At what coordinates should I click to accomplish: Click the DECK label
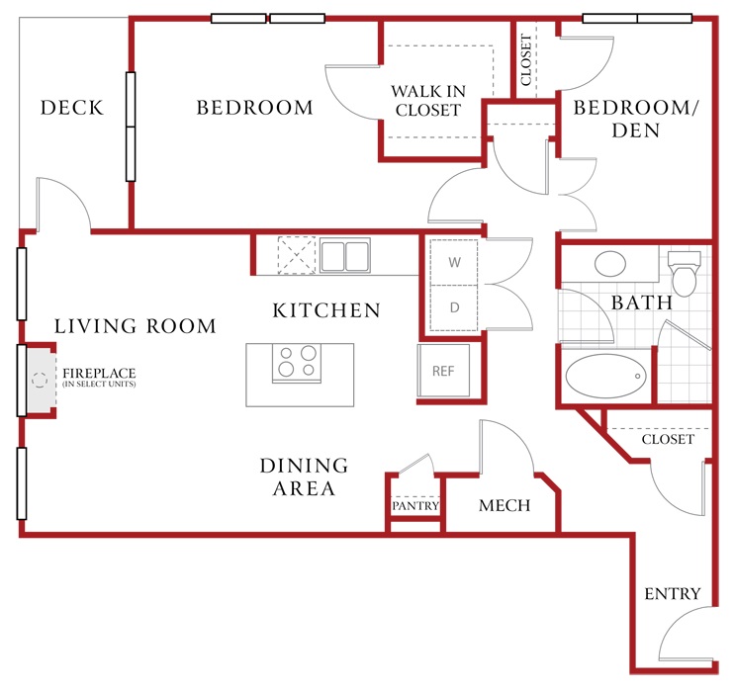tap(71, 108)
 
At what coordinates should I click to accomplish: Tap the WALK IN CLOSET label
tap(428, 100)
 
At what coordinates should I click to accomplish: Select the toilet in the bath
tap(684, 274)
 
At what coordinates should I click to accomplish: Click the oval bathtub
tap(605, 376)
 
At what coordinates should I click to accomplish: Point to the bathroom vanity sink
tap(609, 263)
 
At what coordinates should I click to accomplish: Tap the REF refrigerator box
tap(443, 371)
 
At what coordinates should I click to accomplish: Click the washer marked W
tap(454, 262)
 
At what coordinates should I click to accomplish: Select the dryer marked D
tap(454, 307)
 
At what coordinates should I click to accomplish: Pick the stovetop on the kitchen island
tap(297, 363)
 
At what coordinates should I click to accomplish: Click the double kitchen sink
tap(345, 256)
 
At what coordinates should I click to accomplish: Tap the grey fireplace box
tap(42, 380)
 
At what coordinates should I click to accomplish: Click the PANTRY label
tap(415, 506)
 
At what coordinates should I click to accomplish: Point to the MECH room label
tap(505, 505)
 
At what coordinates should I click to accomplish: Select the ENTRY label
tap(673, 594)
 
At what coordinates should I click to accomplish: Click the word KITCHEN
tap(326, 310)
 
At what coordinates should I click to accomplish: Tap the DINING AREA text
tap(305, 476)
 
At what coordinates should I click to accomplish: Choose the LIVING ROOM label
tap(135, 326)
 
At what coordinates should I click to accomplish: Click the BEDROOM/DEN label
tap(636, 119)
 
